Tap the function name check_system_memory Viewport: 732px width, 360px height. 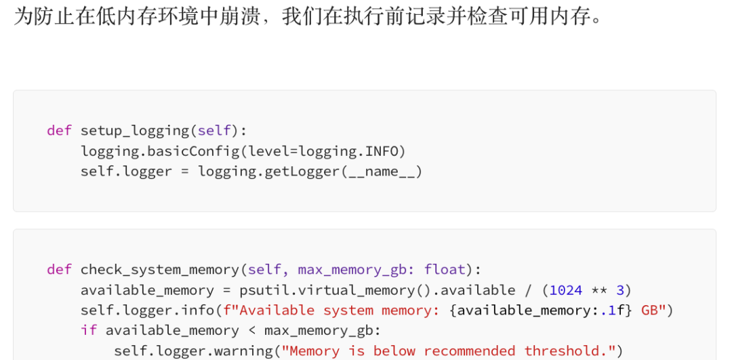[160, 269]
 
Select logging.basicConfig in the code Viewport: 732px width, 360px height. [160, 151]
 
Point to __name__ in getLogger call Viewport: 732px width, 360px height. [381, 172]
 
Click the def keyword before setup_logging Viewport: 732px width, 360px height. [59, 130]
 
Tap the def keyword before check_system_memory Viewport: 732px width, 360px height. [59, 269]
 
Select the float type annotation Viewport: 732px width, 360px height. [445, 269]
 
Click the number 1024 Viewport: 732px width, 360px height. [566, 290]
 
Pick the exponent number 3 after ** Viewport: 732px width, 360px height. [619, 290]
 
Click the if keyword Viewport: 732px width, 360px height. [89, 330]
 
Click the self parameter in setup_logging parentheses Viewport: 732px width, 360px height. [213, 130]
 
